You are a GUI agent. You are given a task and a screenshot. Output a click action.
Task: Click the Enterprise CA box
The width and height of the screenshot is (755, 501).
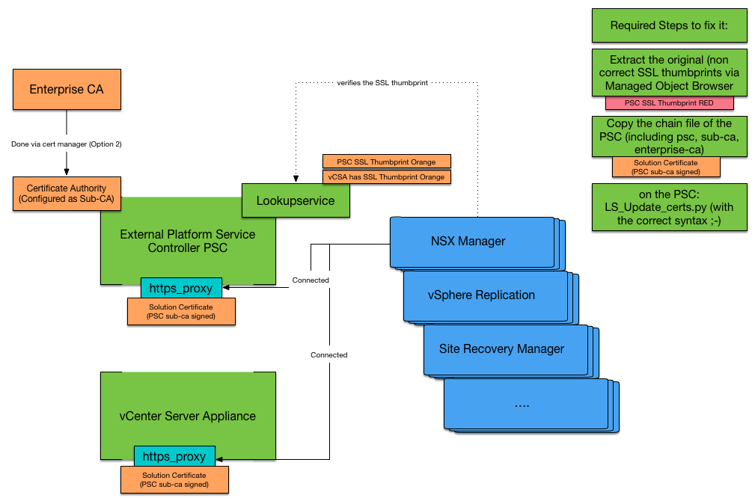tap(67, 90)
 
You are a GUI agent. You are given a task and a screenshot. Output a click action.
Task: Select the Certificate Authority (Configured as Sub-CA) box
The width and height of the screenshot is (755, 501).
tap(67, 194)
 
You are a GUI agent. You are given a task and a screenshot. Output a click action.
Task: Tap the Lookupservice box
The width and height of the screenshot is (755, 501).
tap(296, 200)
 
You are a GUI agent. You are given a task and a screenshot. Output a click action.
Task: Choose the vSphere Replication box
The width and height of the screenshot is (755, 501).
tap(486, 296)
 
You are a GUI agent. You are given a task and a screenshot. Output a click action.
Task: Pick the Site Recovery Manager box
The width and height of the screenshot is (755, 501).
tap(506, 350)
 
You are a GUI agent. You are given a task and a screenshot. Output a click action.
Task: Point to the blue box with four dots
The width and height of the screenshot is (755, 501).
tap(526, 404)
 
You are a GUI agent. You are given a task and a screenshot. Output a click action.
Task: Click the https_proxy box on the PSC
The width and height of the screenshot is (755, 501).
tap(181, 288)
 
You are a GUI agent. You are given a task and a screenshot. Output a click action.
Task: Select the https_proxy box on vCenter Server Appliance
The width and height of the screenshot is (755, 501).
tap(174, 456)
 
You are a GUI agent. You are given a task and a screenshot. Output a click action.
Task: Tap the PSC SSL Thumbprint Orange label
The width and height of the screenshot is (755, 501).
tap(387, 162)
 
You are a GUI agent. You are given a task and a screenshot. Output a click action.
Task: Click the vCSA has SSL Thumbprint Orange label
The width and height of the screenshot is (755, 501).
tap(387, 176)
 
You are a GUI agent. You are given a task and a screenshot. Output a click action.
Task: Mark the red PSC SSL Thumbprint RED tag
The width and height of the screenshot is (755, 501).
tap(669, 103)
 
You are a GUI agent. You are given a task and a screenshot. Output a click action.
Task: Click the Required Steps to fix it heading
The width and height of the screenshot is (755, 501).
tap(669, 25)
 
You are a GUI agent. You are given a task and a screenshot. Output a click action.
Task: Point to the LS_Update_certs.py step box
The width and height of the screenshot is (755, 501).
tap(669, 207)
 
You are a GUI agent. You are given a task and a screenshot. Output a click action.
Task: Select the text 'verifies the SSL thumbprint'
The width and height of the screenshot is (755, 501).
tap(382, 83)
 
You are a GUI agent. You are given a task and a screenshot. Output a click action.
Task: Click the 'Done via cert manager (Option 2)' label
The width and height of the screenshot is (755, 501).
tap(67, 144)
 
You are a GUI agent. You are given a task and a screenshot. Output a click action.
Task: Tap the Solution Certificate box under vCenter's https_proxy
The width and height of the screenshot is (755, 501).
tap(174, 480)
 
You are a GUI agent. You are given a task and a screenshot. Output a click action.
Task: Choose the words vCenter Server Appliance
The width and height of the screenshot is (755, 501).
tap(188, 417)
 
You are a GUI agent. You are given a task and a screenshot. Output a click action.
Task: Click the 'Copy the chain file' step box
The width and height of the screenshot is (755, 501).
tap(669, 137)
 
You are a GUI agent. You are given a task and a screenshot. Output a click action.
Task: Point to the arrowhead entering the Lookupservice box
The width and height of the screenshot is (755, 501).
tap(296, 179)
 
